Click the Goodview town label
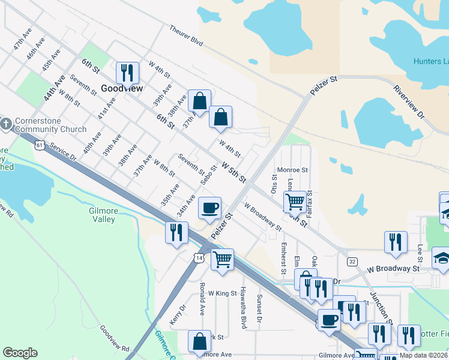coord(122,88)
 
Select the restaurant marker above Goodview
coord(127,73)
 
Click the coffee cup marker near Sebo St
coord(209,208)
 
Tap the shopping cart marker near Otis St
coord(294,202)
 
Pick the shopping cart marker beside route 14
coord(222,260)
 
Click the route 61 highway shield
coord(39,145)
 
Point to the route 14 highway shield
coord(198,257)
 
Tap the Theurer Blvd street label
coord(186,35)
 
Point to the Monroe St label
coord(292,170)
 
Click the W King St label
coord(223,293)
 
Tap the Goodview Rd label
coord(115,339)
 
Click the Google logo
coord(20,353)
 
